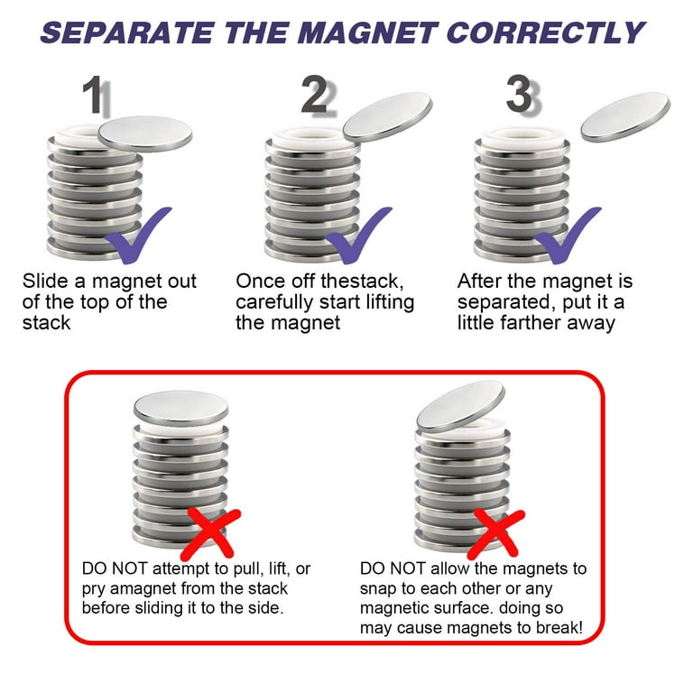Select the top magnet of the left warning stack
(180, 408)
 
